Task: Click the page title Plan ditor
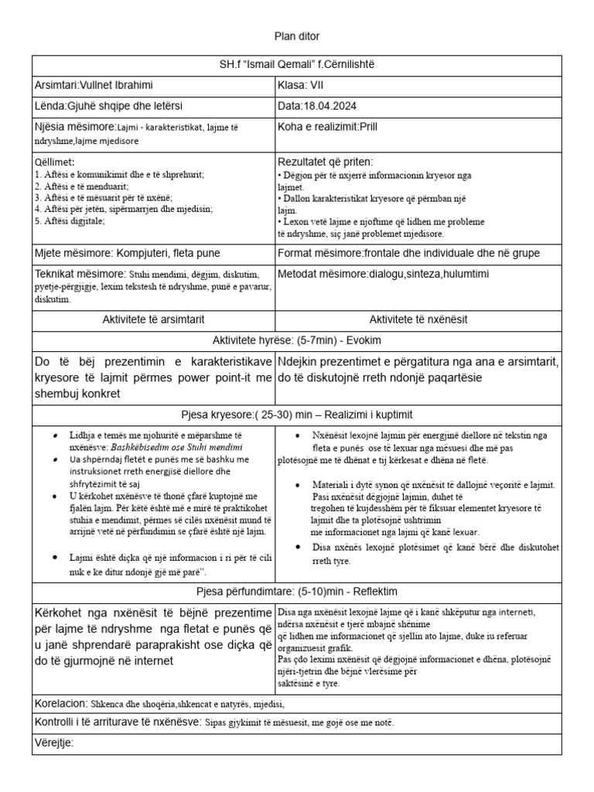click(297, 36)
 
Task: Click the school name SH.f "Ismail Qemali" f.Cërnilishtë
click(297, 63)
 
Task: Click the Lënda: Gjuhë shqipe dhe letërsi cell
click(109, 105)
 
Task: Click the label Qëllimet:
click(55, 162)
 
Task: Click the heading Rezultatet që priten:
click(325, 162)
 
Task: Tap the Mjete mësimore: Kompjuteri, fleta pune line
click(128, 253)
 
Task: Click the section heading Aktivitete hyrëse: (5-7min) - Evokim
click(297, 340)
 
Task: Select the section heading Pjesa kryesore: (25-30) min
click(297, 414)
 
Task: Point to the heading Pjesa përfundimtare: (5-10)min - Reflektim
click(297, 591)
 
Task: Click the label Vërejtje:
click(54, 743)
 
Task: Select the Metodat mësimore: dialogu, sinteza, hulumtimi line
click(384, 274)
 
